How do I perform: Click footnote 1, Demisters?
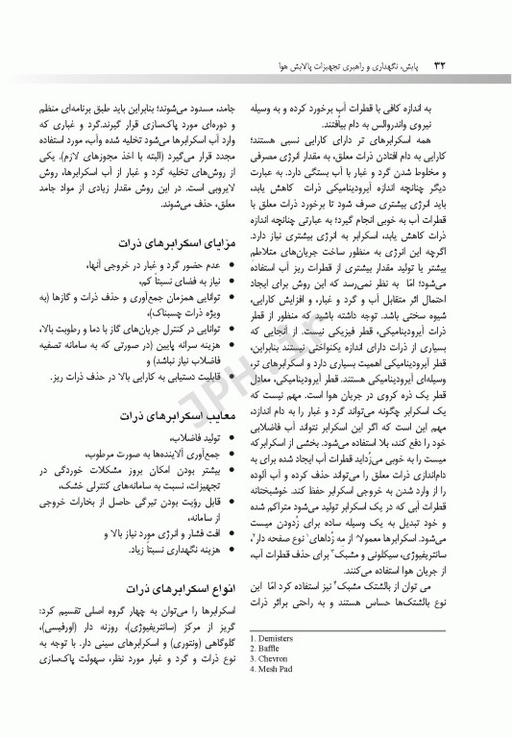[277, 637]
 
